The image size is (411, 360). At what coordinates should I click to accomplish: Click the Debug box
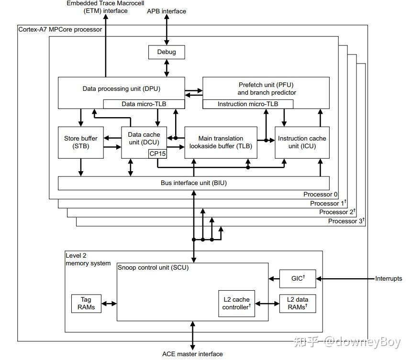point(167,52)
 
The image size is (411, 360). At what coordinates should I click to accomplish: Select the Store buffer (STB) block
point(80,142)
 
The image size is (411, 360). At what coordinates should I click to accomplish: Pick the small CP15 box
point(157,153)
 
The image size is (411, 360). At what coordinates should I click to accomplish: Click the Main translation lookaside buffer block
point(221,142)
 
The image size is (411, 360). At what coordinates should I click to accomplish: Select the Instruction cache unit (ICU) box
point(302,142)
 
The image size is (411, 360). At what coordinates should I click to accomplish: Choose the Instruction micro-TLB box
point(248,104)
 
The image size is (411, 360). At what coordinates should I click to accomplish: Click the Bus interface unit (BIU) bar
point(193,183)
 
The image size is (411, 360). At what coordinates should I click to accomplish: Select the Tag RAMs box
point(86,304)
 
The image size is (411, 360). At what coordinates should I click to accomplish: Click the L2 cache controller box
point(236,303)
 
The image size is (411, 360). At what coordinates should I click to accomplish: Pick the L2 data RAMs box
point(297,303)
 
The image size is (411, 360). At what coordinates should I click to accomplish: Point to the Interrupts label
point(389,279)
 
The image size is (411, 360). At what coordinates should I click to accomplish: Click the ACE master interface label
point(192,354)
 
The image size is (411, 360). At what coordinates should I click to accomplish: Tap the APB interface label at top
point(167,11)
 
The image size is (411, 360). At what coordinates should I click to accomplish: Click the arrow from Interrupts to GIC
point(344,279)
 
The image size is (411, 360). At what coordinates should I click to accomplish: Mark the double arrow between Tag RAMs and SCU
point(110,304)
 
